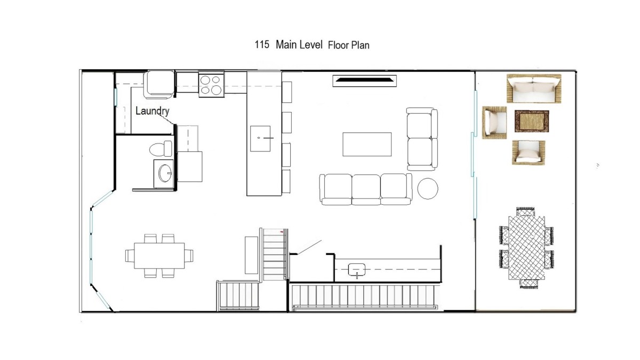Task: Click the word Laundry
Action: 153,111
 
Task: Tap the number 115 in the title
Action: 262,45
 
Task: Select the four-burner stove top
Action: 211,85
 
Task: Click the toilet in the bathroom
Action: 161,149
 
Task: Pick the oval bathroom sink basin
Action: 165,173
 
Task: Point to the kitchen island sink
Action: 260,139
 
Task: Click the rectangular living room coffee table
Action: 367,145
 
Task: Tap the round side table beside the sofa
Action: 428,188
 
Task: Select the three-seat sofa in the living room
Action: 366,189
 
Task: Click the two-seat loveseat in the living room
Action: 422,139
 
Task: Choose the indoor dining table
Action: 159,255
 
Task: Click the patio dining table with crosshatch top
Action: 526,247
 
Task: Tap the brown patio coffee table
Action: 532,121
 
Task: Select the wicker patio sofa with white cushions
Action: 534,89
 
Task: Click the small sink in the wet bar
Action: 357,270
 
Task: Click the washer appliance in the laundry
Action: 159,85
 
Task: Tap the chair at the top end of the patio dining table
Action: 525,212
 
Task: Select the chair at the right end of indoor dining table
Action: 189,255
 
